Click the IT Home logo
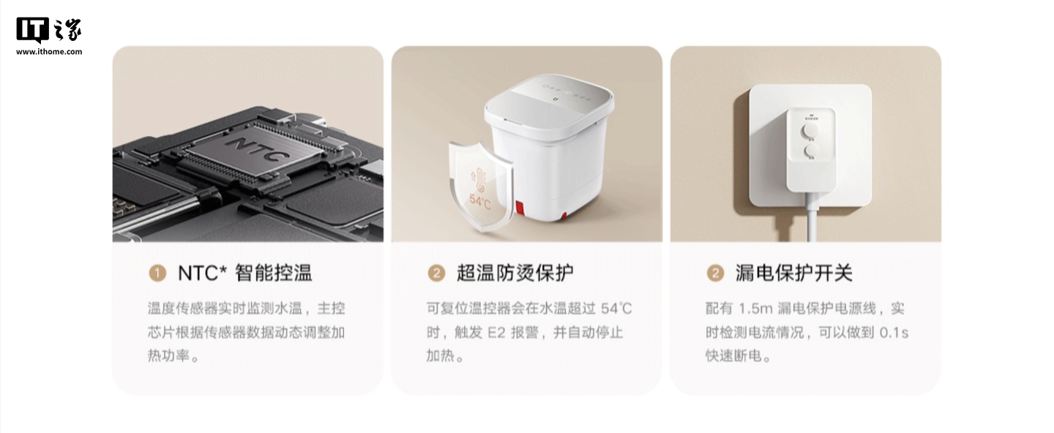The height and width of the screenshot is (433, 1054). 49,31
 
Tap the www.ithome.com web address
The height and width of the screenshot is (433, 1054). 49,52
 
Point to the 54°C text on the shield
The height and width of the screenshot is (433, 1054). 480,201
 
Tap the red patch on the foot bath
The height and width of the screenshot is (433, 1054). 520,208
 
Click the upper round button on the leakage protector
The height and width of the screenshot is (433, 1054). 810,129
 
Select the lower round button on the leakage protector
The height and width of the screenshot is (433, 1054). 811,151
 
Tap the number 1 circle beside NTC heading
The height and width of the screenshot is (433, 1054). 157,273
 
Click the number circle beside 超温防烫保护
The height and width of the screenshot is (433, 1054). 436,273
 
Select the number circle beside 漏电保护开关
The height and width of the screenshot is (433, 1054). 715,273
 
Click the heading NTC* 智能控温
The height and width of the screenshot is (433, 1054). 244,273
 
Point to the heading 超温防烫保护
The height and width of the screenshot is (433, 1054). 515,273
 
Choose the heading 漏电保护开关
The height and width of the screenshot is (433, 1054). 793,273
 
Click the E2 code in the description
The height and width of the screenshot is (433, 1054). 496,333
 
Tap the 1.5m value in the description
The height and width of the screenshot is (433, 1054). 755,309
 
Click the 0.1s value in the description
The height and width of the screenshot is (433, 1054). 894,333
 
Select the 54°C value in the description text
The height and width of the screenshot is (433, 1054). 616,309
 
